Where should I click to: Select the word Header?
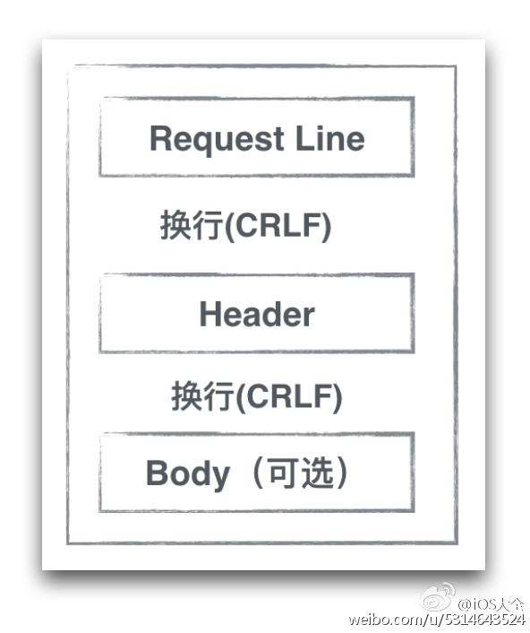click(x=257, y=315)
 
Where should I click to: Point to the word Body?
click(x=187, y=474)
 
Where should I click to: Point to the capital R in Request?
click(x=159, y=139)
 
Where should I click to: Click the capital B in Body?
click(x=157, y=474)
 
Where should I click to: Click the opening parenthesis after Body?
click(x=243, y=473)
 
